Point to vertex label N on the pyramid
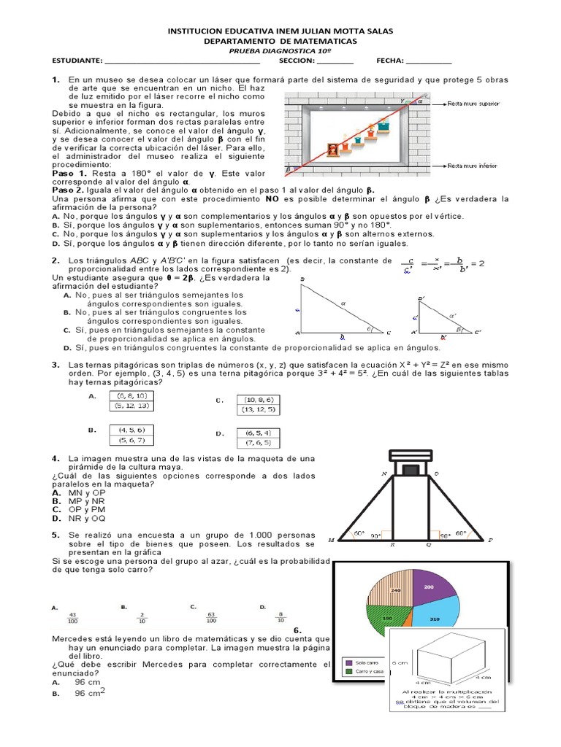(x=383, y=474)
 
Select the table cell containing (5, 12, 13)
(x=132, y=406)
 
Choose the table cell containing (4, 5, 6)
(x=132, y=430)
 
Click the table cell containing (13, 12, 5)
(x=260, y=410)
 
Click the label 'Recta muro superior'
(x=473, y=104)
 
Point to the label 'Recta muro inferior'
(x=473, y=166)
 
